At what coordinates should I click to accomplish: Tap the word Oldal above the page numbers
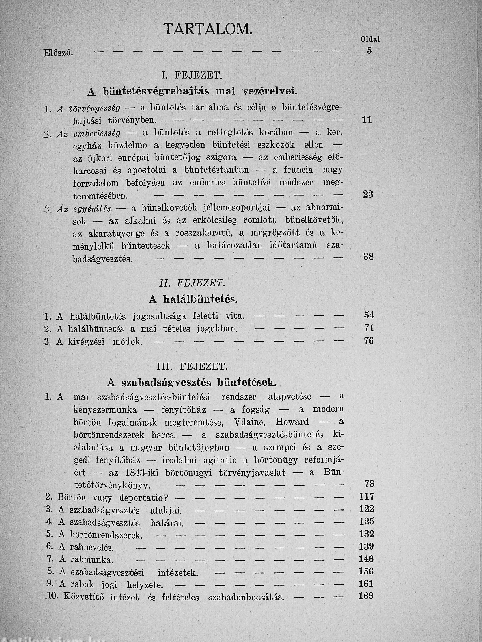click(x=370, y=39)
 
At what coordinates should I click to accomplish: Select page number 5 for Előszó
click(x=369, y=51)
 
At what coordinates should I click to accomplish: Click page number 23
click(x=368, y=194)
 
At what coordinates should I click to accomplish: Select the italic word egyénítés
click(x=92, y=208)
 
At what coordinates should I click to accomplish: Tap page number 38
click(x=368, y=257)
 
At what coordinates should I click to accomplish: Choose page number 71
click(x=369, y=328)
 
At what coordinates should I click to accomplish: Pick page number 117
click(x=366, y=496)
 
